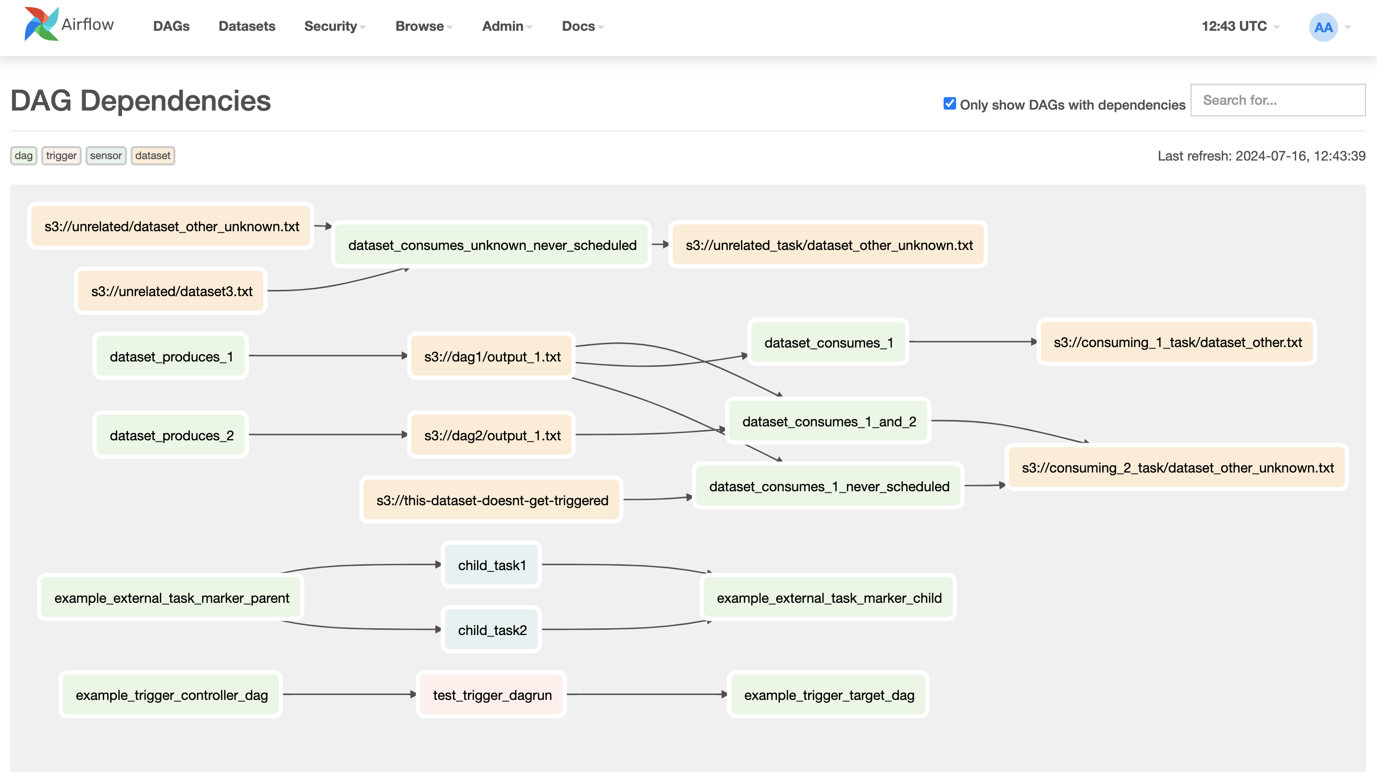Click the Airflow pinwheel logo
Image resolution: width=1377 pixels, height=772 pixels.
pyautogui.click(x=41, y=25)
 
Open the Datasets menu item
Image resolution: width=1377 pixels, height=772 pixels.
pyautogui.click(x=246, y=26)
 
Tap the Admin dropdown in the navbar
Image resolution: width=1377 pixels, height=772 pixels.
pyautogui.click(x=506, y=26)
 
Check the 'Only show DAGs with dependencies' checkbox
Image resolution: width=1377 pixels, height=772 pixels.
pyautogui.click(x=949, y=104)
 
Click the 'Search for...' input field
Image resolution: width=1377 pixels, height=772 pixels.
pyautogui.click(x=1277, y=100)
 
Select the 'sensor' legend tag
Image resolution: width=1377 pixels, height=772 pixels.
pyautogui.click(x=105, y=156)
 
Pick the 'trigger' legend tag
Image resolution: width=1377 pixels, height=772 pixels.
pyautogui.click(x=61, y=156)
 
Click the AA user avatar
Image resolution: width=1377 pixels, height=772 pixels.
pyautogui.click(x=1323, y=27)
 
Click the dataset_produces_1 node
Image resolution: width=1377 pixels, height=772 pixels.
pyautogui.click(x=171, y=356)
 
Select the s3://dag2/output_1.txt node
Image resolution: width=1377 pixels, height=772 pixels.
pyautogui.click(x=492, y=435)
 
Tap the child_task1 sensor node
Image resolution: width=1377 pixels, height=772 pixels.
pyautogui.click(x=492, y=565)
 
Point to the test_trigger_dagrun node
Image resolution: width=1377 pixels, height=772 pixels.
pyautogui.click(x=492, y=695)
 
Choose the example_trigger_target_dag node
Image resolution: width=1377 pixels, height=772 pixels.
pyautogui.click(x=828, y=695)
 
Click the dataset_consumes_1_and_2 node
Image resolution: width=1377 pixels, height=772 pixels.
pyautogui.click(x=828, y=422)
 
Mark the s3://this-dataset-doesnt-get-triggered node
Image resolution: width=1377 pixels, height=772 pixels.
pyautogui.click(x=492, y=500)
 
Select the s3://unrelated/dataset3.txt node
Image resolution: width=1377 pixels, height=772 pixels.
pyautogui.click(x=171, y=291)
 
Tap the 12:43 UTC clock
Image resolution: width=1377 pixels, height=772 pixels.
pyautogui.click(x=1234, y=26)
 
